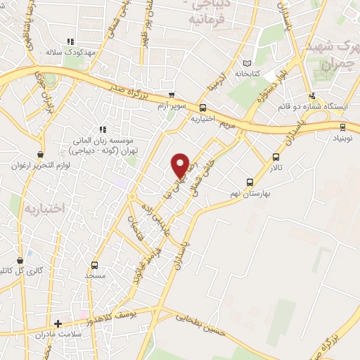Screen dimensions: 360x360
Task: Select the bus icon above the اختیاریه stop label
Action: [202, 108]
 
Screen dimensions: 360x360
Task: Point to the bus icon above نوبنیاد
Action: [342, 127]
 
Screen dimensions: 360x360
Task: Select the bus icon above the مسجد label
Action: [95, 265]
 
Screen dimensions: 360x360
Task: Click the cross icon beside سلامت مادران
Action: [58, 323]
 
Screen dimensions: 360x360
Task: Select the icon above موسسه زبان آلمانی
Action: [103, 129]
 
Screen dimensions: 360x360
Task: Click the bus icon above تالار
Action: [275, 157]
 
